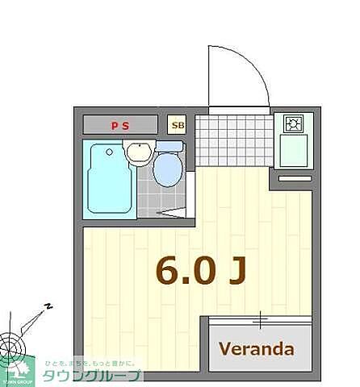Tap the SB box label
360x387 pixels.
[177, 125]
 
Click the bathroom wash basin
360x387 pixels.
[139, 151]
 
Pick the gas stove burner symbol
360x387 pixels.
[292, 124]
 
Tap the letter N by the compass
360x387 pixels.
[48, 306]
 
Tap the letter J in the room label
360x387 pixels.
[235, 271]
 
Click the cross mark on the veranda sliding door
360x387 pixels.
[260, 320]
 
